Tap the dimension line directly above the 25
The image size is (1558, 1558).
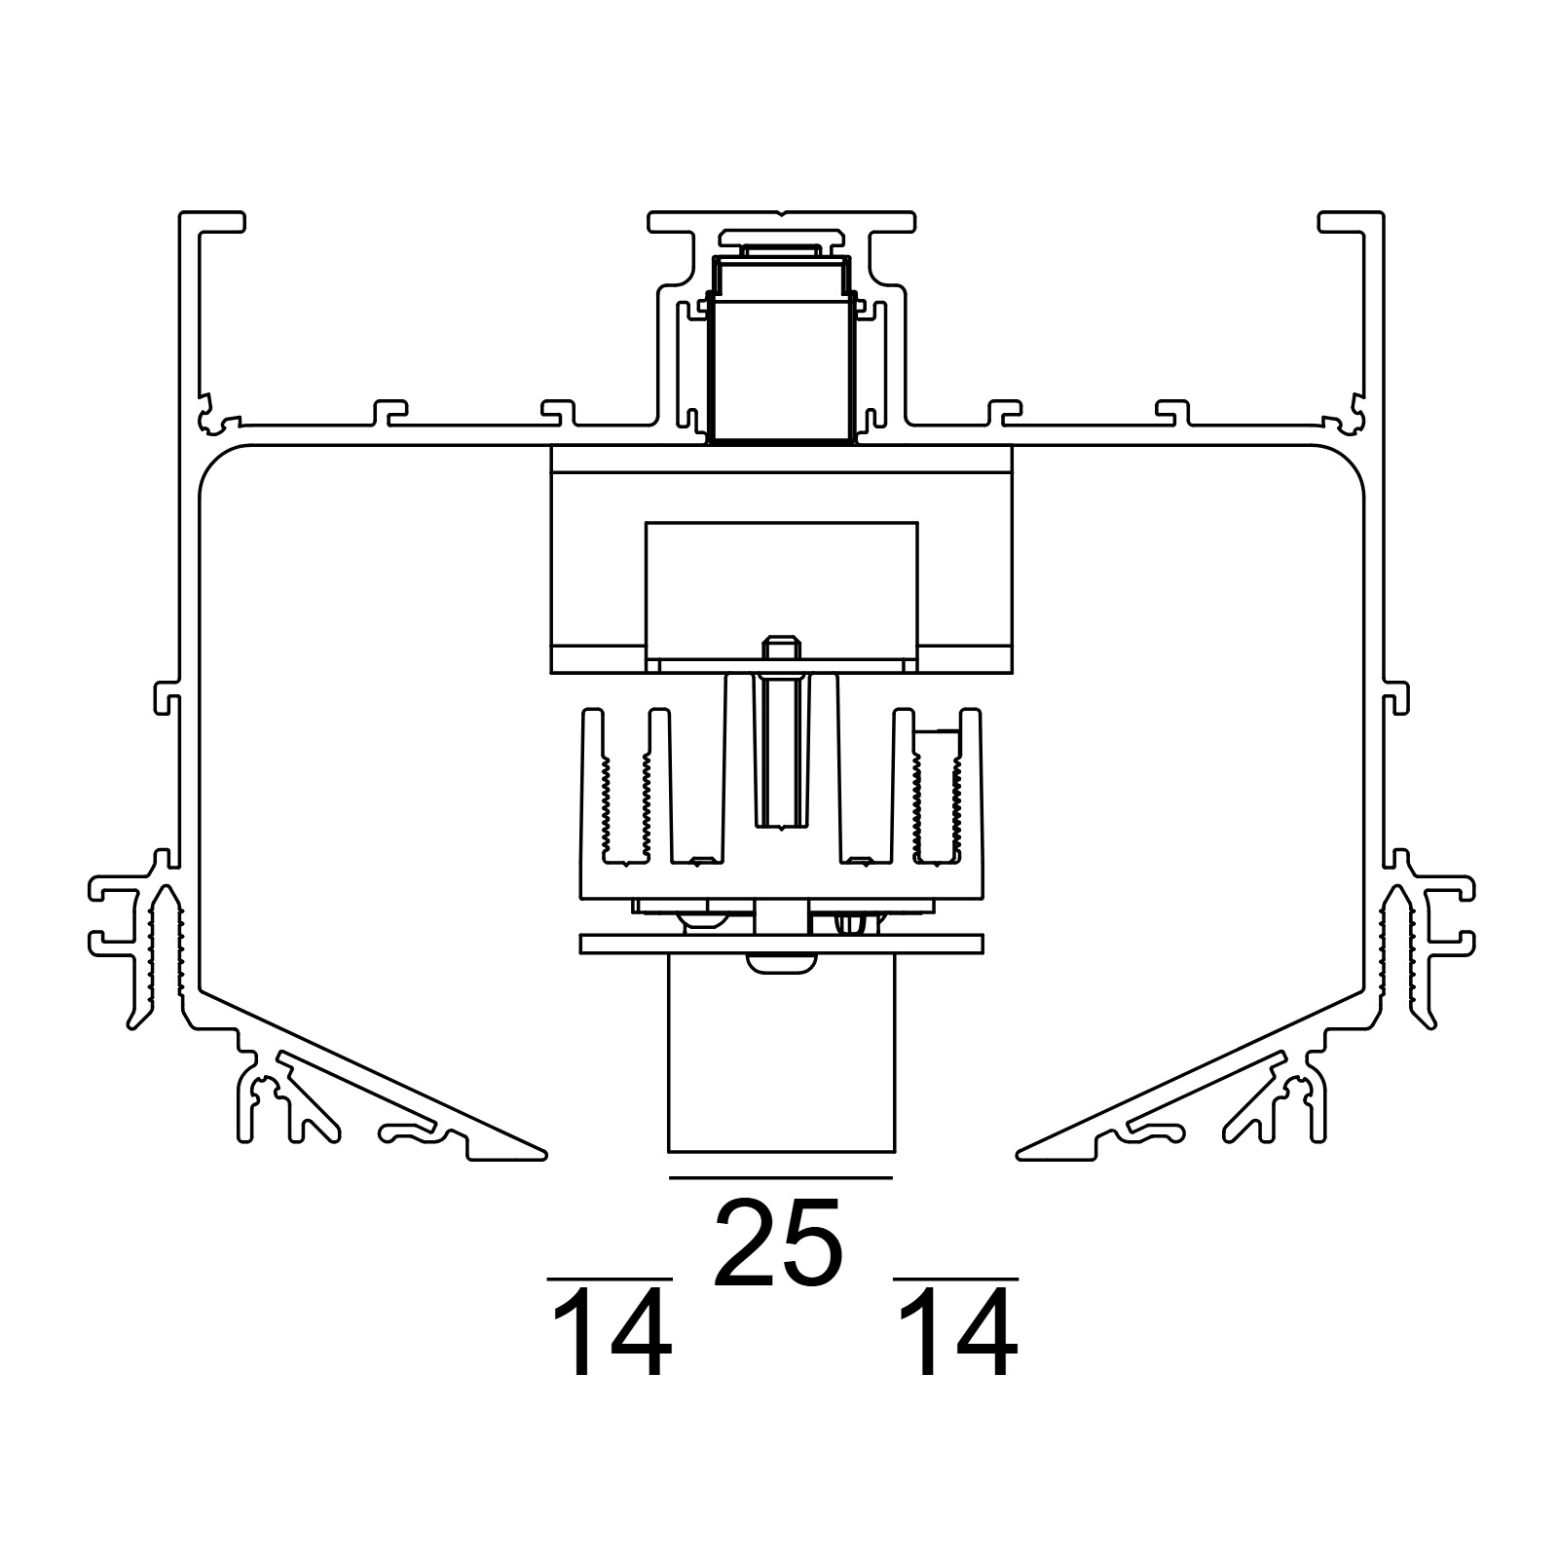click(x=781, y=1177)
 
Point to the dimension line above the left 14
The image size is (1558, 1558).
click(x=611, y=1279)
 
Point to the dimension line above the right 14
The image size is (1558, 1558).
click(x=956, y=1279)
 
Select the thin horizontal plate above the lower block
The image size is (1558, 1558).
click(x=781, y=944)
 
